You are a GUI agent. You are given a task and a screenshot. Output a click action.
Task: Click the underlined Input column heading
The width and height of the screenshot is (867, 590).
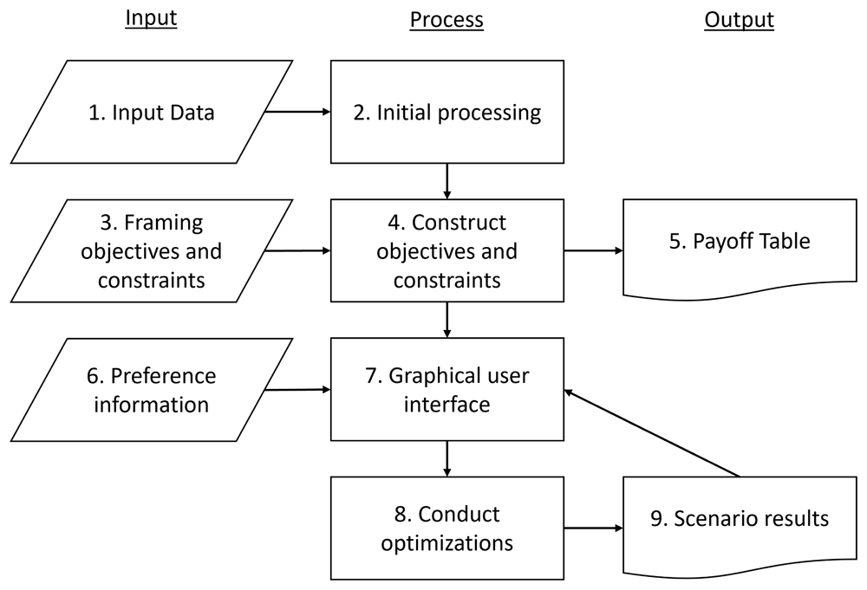[151, 18]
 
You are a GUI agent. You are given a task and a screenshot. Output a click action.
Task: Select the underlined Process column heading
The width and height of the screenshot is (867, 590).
[447, 20]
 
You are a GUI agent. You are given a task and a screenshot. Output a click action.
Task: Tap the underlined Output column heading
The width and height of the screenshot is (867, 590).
[740, 20]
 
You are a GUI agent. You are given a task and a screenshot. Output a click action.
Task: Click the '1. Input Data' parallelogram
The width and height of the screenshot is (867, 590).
[152, 112]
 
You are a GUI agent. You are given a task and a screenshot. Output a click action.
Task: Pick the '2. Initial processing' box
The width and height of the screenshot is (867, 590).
[447, 112]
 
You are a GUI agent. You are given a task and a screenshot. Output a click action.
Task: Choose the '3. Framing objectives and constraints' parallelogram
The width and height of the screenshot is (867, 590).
[152, 250]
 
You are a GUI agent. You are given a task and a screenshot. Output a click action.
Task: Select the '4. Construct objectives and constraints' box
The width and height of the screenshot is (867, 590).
[447, 250]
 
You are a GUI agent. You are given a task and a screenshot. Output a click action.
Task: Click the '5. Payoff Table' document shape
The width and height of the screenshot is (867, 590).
[740, 249]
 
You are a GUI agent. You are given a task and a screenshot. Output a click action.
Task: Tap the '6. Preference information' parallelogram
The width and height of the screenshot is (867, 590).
[152, 390]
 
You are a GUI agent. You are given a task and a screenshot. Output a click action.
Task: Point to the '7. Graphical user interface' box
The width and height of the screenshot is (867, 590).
[447, 390]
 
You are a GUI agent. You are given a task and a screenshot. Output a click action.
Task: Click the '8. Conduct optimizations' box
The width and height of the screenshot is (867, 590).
[447, 528]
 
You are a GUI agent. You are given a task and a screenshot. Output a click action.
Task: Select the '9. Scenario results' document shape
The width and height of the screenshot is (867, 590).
[740, 526]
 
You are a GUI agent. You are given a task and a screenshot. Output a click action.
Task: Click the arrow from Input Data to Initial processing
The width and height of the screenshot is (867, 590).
[297, 112]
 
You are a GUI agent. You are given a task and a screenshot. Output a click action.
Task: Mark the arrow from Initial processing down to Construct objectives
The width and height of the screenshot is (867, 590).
[447, 181]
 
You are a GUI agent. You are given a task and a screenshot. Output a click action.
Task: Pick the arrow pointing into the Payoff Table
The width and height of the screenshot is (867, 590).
[593, 250]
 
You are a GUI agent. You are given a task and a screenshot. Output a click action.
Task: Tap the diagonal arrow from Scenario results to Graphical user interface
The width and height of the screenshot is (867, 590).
[651, 433]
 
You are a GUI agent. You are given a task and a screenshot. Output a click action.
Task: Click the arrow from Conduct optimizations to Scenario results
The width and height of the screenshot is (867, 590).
[593, 528]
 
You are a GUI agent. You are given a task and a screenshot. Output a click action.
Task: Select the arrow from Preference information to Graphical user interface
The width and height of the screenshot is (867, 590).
[297, 390]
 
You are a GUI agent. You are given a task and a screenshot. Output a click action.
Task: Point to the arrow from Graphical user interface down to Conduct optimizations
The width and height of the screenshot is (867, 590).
[447, 458]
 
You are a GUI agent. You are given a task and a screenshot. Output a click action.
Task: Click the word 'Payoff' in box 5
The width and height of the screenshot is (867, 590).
[717, 242]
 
